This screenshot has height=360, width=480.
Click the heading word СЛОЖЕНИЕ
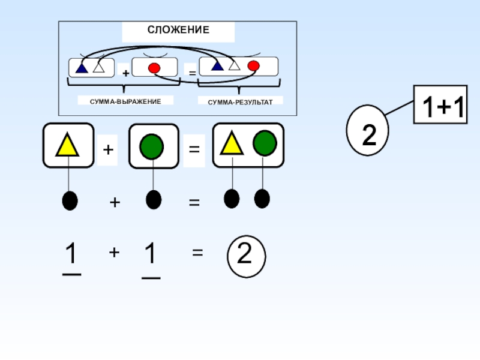pyautogui.click(x=178, y=29)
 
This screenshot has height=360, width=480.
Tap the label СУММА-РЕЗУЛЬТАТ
pyautogui.click(x=241, y=102)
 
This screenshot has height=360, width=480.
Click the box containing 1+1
pyautogui.click(x=440, y=104)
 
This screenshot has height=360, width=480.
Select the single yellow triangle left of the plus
pyautogui.click(x=67, y=145)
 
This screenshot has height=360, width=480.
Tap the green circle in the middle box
pyautogui.click(x=154, y=145)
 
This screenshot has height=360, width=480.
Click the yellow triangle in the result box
pyautogui.click(x=232, y=144)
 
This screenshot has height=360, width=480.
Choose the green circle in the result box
pyautogui.click(x=265, y=143)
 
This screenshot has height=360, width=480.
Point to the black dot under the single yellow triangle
pyautogui.click(x=70, y=200)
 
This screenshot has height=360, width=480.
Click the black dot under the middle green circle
pyautogui.click(x=154, y=199)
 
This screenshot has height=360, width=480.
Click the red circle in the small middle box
pyautogui.click(x=154, y=68)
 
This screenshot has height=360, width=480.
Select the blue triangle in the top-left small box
pyautogui.click(x=82, y=67)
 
